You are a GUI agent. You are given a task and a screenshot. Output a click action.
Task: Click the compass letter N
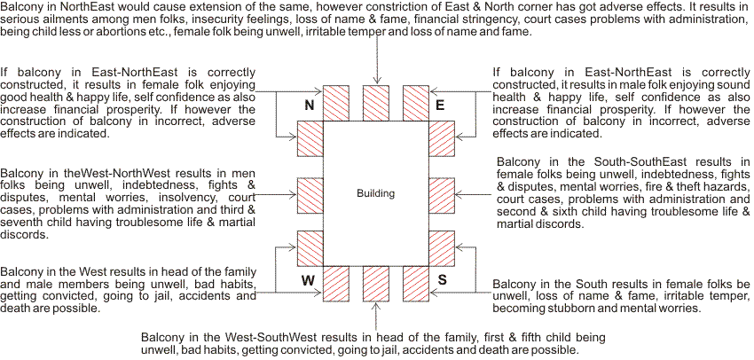[x=310, y=106]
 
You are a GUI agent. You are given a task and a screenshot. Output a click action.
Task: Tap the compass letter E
[x=439, y=106]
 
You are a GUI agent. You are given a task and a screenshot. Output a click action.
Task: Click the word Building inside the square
[x=375, y=193]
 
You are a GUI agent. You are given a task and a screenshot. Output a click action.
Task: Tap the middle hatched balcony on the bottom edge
[x=377, y=283]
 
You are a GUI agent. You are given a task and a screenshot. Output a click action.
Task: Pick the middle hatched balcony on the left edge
[x=310, y=192]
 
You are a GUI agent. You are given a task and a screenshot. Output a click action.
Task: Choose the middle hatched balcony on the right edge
[x=441, y=192]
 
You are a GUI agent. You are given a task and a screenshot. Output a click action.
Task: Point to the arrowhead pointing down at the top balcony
[x=377, y=81]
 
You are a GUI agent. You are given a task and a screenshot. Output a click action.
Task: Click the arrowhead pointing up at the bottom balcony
[x=377, y=308]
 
